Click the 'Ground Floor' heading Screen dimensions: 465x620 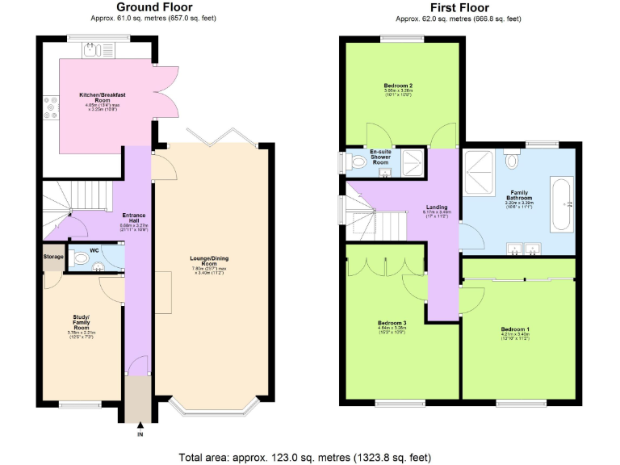pyautogui.click(x=154, y=7)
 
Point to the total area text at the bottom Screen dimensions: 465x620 pyautogui.click(x=310, y=456)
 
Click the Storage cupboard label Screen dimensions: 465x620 pyautogui.click(x=53, y=257)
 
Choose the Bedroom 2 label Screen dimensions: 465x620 pyautogui.click(x=399, y=86)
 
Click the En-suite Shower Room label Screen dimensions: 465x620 pyautogui.click(x=381, y=157)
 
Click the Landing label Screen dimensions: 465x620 pyautogui.click(x=437, y=207)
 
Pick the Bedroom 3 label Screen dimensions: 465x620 pyautogui.click(x=392, y=323)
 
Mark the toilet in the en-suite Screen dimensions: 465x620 pyautogui.click(x=358, y=161)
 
